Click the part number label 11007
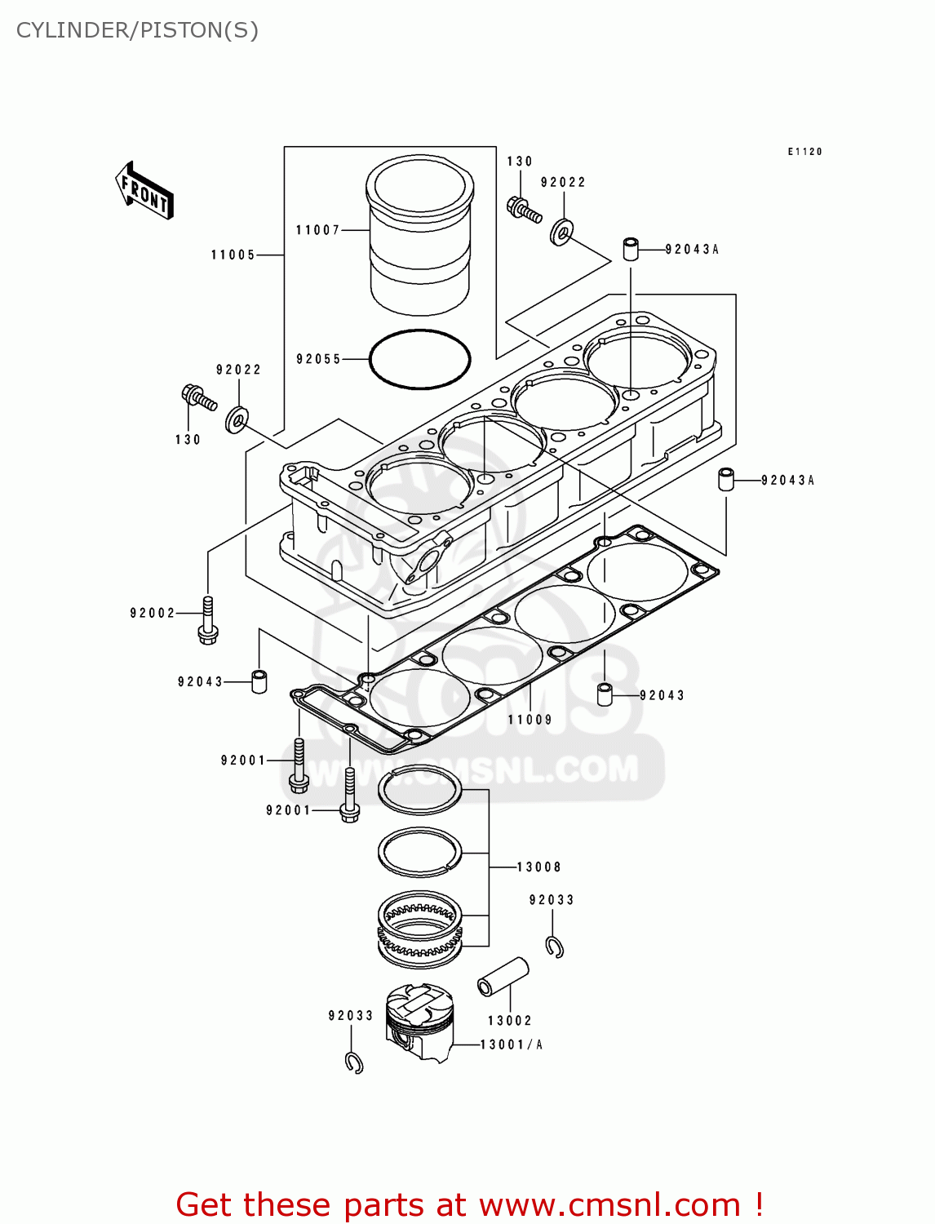317,230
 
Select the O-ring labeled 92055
419,359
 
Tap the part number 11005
233,255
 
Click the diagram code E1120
804,152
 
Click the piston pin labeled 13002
503,977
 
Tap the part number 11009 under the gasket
530,720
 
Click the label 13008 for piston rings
538,867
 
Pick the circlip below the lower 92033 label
354,1062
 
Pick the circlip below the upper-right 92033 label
555,947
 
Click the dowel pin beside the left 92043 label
259,681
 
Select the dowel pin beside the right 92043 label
605,694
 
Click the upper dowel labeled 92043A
631,248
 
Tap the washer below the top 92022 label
561,233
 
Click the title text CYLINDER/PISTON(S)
137,30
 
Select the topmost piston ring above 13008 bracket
419,790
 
